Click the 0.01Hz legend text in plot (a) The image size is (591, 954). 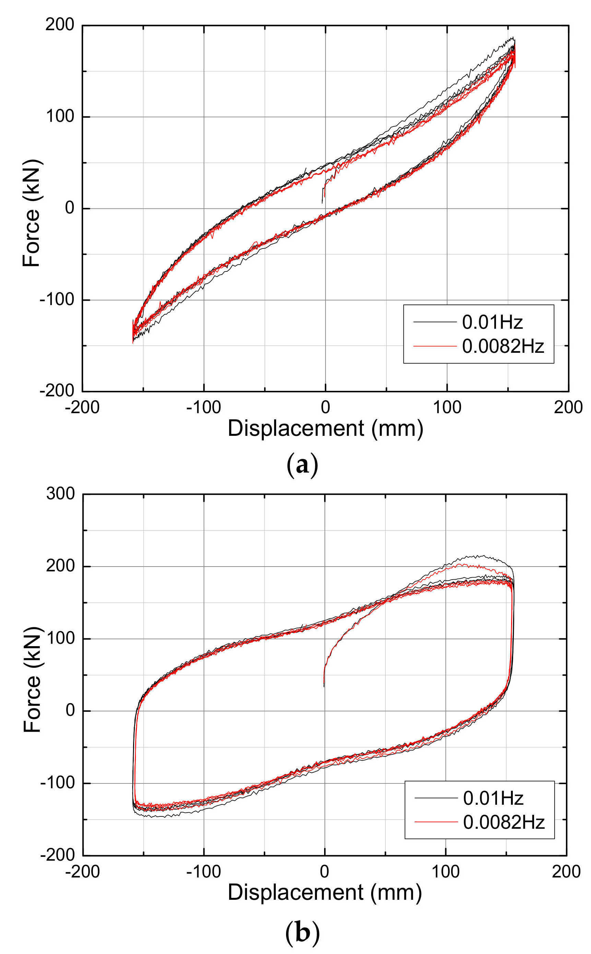click(492, 322)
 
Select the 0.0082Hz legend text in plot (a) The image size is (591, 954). click(503, 346)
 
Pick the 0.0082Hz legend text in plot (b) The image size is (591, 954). click(504, 822)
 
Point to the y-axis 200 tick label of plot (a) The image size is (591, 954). click(59, 25)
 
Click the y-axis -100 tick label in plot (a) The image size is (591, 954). click(57, 300)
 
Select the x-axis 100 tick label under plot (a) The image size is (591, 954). click(447, 408)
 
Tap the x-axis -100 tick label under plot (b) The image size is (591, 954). click(203, 872)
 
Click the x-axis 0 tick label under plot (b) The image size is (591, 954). click(324, 872)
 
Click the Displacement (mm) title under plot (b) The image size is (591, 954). click(325, 893)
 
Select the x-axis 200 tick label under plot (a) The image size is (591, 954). click(568, 408)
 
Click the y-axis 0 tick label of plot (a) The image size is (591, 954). click(70, 208)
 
